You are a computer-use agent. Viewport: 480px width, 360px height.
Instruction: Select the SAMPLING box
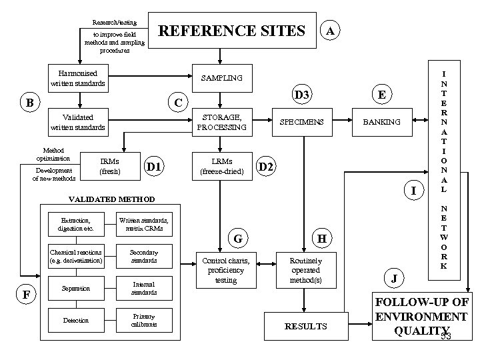click(223, 78)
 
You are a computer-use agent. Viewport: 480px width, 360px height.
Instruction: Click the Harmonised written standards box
click(78, 78)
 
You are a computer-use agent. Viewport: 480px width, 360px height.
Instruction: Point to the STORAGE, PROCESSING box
click(223, 122)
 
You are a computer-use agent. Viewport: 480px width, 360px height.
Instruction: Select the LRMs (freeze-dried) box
click(223, 166)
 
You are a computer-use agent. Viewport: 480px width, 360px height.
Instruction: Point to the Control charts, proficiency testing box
click(223, 270)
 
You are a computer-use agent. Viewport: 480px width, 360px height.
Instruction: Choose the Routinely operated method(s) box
click(306, 270)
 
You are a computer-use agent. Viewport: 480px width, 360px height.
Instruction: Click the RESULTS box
click(306, 326)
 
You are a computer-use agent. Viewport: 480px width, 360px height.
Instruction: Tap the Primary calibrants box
click(144, 321)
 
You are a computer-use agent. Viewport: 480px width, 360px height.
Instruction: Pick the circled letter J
click(393, 277)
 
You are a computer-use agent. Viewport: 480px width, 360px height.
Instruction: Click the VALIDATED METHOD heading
click(112, 199)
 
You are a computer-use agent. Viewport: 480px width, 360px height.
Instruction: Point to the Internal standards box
click(144, 289)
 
